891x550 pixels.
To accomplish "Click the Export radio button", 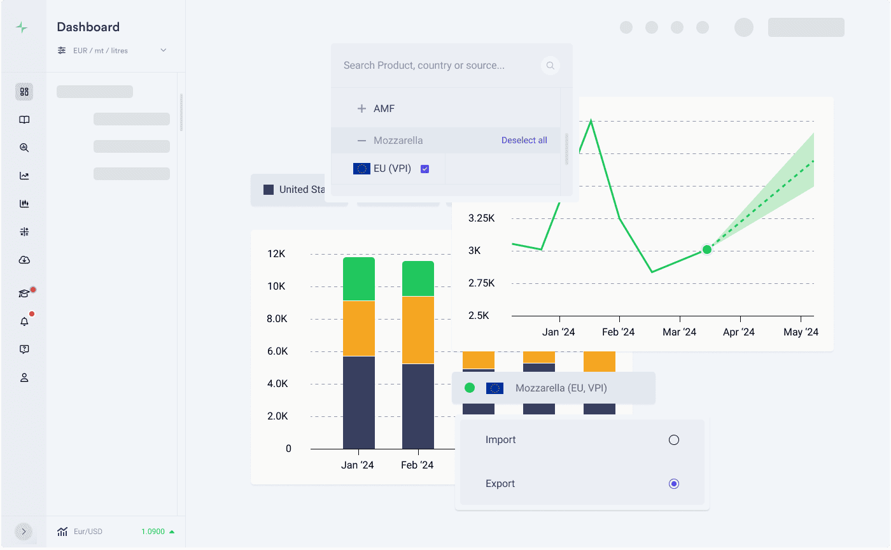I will point(674,484).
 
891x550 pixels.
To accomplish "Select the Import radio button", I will point(674,440).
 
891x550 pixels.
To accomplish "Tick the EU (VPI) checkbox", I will point(425,169).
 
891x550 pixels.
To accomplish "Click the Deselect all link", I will point(524,140).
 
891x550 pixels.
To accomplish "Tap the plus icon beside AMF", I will point(361,109).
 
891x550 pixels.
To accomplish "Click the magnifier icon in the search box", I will point(550,66).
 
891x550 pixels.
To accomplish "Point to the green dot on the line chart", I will point(706,249).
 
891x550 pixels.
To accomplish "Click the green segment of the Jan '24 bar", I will point(359,279).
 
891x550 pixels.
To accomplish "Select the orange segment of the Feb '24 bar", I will point(418,330).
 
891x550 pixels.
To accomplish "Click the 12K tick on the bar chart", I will point(277,254).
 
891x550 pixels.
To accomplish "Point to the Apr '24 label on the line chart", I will point(739,332).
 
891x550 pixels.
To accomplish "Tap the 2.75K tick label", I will point(482,283).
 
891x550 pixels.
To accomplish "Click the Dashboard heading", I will point(88,27).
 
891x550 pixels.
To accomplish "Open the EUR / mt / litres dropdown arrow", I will point(164,50).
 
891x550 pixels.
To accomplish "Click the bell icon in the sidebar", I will point(24,321).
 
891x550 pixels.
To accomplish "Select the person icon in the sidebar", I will point(24,377).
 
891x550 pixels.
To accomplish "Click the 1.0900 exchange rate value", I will point(153,532).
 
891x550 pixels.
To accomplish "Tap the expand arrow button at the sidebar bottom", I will point(24,532).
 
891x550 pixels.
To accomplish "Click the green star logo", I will point(22,27).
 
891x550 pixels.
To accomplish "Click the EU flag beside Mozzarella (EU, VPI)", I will point(495,388).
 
